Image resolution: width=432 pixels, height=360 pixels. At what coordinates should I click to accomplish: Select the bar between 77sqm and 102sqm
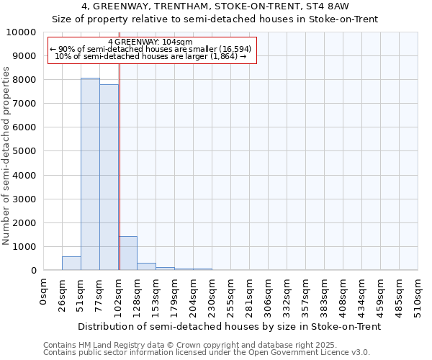(x=109, y=177)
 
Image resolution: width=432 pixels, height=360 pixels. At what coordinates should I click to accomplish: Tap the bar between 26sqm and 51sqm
(x=71, y=264)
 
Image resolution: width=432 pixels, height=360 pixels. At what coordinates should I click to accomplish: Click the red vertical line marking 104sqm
(x=120, y=166)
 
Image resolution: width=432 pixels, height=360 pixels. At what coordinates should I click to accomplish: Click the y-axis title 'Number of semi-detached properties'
(x=6, y=156)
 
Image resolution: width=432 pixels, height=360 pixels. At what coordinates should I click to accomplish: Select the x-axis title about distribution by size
(x=230, y=326)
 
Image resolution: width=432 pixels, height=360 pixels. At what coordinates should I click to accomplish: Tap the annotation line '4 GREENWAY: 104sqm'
(x=152, y=42)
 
